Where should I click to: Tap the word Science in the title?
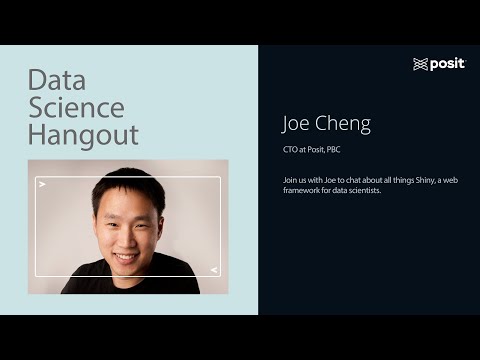tap(76, 107)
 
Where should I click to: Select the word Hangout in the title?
tap(83, 134)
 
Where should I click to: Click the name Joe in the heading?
tap(300, 124)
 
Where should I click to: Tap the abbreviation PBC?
tap(335, 150)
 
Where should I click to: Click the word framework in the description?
tap(305, 190)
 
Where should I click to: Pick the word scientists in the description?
tap(362, 190)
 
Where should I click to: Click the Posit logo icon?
tap(420, 64)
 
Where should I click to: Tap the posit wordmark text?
tap(447, 64)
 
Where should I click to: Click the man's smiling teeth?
tap(127, 256)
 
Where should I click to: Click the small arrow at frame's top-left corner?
tap(42, 185)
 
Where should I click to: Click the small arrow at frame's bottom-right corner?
tap(213, 270)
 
